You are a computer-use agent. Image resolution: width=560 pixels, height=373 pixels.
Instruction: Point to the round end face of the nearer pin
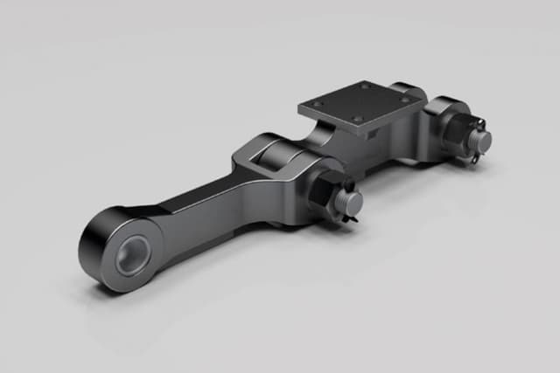point(349,203)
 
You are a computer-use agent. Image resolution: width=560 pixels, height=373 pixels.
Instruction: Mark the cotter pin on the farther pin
point(474,157)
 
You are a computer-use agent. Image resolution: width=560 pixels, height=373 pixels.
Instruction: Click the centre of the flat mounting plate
point(360,106)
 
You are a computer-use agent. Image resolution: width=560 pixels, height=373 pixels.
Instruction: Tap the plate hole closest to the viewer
point(357,120)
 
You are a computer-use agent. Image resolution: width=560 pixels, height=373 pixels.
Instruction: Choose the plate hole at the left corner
point(318,103)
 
